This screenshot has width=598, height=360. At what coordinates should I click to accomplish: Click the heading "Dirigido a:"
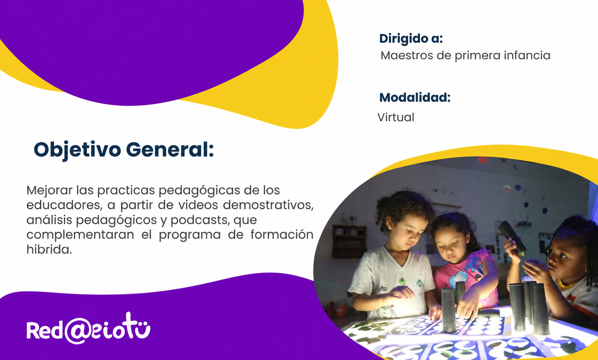[411, 39]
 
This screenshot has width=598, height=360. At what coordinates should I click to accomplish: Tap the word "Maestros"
[407, 55]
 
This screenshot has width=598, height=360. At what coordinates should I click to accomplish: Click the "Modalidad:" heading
[415, 97]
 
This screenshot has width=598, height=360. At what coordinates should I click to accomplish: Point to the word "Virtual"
[396, 117]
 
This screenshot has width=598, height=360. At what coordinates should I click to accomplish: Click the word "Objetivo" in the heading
[77, 150]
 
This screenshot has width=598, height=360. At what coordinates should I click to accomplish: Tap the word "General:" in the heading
[170, 149]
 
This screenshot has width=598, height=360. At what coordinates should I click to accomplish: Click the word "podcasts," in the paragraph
[200, 220]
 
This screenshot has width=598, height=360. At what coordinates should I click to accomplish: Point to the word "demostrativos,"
[268, 205]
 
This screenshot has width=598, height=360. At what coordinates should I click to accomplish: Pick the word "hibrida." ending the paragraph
[49, 249]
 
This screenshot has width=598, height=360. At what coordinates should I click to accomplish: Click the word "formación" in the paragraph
[282, 235]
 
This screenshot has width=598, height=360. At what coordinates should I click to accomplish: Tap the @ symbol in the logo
[78, 331]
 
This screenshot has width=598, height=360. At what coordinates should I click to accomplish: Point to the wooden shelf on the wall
[349, 242]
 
